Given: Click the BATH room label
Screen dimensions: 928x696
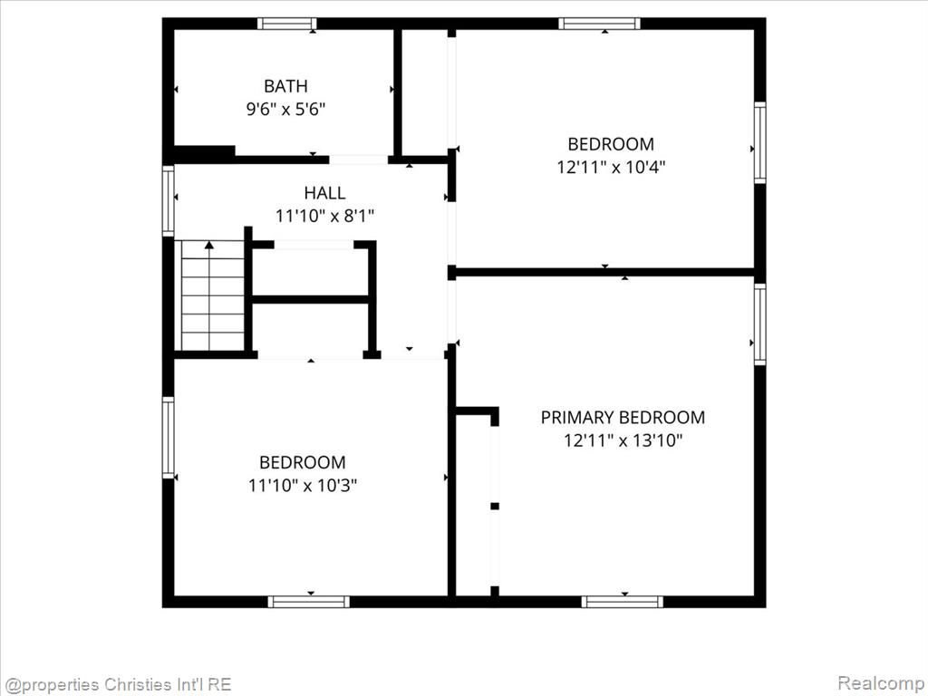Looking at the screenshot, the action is [285, 86].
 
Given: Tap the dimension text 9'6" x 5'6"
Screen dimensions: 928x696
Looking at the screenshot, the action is [285, 110].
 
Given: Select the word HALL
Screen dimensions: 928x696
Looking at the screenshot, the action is [325, 193].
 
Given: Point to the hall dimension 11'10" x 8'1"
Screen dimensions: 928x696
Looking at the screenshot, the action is [325, 216].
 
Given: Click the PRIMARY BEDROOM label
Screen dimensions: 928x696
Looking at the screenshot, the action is [623, 418].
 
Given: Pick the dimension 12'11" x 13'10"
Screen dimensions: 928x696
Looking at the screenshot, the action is [623, 441].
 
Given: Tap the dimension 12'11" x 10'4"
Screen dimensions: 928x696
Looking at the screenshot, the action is [611, 168].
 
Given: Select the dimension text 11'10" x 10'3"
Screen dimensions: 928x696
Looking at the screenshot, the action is [303, 486].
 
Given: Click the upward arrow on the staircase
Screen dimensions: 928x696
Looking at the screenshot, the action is [209, 245].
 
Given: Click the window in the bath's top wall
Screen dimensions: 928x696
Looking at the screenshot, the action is [287, 24].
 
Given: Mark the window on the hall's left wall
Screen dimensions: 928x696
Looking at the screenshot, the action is [168, 201].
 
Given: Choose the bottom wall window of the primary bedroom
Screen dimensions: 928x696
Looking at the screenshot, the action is [622, 602].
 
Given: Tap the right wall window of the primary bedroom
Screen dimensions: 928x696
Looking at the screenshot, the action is [760, 324].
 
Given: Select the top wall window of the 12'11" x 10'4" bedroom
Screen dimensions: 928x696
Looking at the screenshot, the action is [600, 24].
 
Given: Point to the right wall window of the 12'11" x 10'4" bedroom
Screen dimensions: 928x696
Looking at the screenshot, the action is [760, 142].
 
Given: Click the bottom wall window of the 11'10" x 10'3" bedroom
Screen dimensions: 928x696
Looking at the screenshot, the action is [308, 602].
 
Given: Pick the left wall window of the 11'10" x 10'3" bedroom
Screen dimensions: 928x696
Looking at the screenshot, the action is [168, 438].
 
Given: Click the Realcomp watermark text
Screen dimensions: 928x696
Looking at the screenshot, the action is [880, 683].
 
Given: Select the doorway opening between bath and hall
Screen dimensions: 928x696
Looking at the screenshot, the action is [359, 159].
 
